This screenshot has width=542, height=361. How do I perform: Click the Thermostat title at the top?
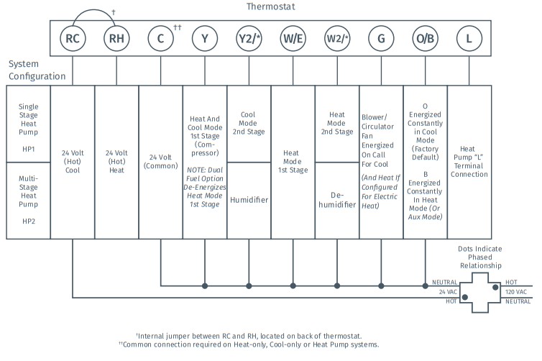[x=271, y=6]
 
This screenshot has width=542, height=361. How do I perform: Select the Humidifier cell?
[x=249, y=201]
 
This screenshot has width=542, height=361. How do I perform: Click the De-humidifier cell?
[x=337, y=201]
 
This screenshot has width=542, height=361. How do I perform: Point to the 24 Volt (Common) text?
[x=161, y=162]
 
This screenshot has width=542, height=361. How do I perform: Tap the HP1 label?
[x=28, y=149]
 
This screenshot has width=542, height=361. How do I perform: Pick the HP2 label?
[x=28, y=221]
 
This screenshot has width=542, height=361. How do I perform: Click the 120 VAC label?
[x=516, y=292]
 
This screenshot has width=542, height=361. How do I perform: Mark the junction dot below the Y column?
[x=205, y=286]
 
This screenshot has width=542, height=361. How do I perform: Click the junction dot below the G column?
[x=381, y=286]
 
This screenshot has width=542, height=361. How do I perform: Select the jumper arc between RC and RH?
[x=94, y=10]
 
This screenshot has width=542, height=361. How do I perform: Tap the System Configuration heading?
[x=37, y=70]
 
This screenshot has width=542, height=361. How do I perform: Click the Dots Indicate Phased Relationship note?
[x=480, y=257]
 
